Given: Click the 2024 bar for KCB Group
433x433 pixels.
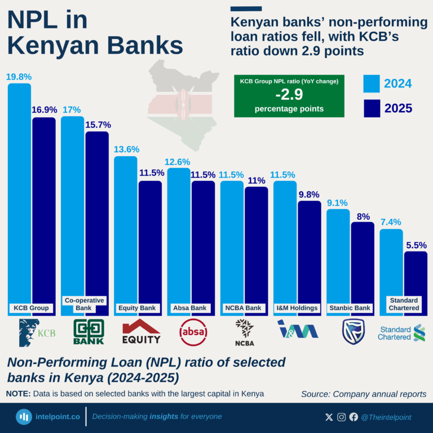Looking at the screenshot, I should tap(20, 192).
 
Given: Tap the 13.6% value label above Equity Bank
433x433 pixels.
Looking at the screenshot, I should tap(126, 149).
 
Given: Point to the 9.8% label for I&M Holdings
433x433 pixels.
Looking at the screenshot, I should tap(310, 195).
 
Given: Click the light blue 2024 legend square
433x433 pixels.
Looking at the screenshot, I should tap(370, 83).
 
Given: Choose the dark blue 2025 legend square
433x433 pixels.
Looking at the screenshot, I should tap(370, 108).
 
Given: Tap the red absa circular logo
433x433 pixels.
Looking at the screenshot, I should tap(193, 332).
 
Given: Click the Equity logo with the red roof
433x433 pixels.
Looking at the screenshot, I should tap(141, 332).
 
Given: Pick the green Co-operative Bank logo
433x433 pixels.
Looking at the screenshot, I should tap(89, 332).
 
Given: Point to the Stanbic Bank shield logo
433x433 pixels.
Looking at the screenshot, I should tap(353, 332).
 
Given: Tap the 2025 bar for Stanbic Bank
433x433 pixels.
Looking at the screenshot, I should tap(363, 265).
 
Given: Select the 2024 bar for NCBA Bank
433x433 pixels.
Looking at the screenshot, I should tap(232, 242).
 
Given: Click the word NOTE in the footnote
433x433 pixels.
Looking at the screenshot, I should tap(18, 393).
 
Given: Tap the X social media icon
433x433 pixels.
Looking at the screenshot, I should tap(329, 417).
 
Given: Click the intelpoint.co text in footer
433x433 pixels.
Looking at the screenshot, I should tap(58, 417).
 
